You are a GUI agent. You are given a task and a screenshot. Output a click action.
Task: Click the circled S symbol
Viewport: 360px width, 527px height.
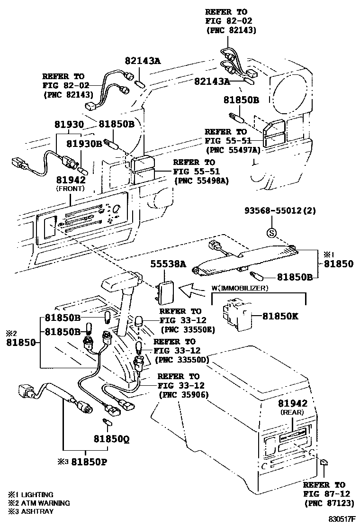coord(271,233)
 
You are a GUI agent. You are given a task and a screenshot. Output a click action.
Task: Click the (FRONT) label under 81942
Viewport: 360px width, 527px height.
coord(70,188)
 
